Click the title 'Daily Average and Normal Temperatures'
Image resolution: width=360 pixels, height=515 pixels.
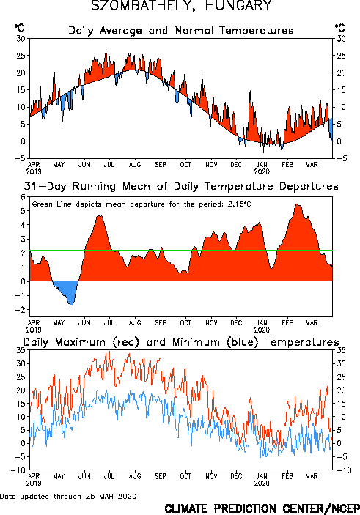pyautogui.click(x=181, y=31)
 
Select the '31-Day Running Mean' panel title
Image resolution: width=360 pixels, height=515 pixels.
pyautogui.click(x=181, y=186)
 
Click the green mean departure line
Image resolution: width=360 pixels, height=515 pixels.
pyautogui.click(x=181, y=251)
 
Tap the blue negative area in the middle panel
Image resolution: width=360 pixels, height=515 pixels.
pyautogui.click(x=66, y=291)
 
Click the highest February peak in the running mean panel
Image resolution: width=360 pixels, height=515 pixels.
pyautogui.click(x=297, y=205)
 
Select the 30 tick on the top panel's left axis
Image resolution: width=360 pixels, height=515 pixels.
pyautogui.click(x=21, y=39)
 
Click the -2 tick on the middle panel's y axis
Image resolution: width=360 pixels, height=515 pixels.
pyautogui.click(x=22, y=310)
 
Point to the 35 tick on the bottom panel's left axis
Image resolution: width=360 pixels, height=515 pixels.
pyautogui.click(x=21, y=350)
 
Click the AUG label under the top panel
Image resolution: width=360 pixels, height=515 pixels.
pyautogui.click(x=135, y=164)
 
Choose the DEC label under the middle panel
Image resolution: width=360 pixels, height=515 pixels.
pyautogui.click(x=236, y=323)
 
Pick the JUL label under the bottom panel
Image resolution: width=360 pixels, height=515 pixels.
pyautogui.click(x=109, y=476)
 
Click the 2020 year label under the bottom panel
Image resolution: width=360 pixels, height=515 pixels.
pyautogui.click(x=262, y=483)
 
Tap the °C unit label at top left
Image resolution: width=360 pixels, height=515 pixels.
pyautogui.click(x=19, y=28)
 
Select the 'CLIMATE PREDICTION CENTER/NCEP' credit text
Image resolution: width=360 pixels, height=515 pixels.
pyautogui.click(x=262, y=508)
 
